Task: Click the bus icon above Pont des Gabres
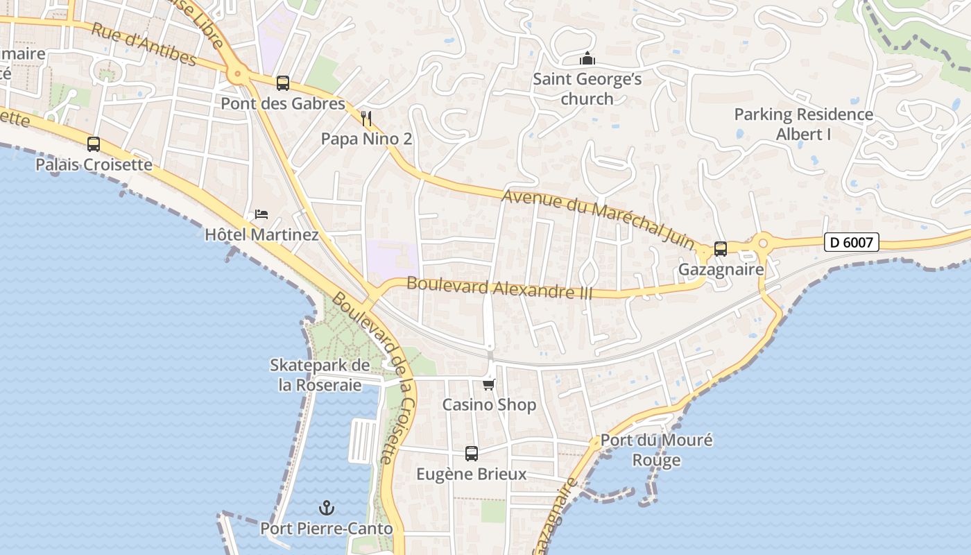coord(282,83)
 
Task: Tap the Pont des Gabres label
coord(283,104)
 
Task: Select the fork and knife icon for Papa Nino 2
coord(367,119)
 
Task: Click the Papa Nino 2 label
coord(366,139)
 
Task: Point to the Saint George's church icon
coord(587,59)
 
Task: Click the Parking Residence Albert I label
coord(803,124)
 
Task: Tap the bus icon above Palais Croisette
coord(94,144)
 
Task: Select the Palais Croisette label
coord(94,165)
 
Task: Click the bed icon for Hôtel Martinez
coord(261,214)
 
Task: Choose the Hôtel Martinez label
coord(261,234)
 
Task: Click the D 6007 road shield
coord(852,243)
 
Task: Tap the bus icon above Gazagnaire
coord(721,248)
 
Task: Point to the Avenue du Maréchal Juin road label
coord(597,217)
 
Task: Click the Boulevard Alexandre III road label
coord(499,287)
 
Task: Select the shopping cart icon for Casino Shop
coord(489,384)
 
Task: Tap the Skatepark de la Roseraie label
coord(320,375)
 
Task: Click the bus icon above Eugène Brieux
coord(472,454)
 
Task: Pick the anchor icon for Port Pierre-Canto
coord(326,508)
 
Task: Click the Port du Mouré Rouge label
coord(656,450)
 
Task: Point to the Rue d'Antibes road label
coord(144,44)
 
